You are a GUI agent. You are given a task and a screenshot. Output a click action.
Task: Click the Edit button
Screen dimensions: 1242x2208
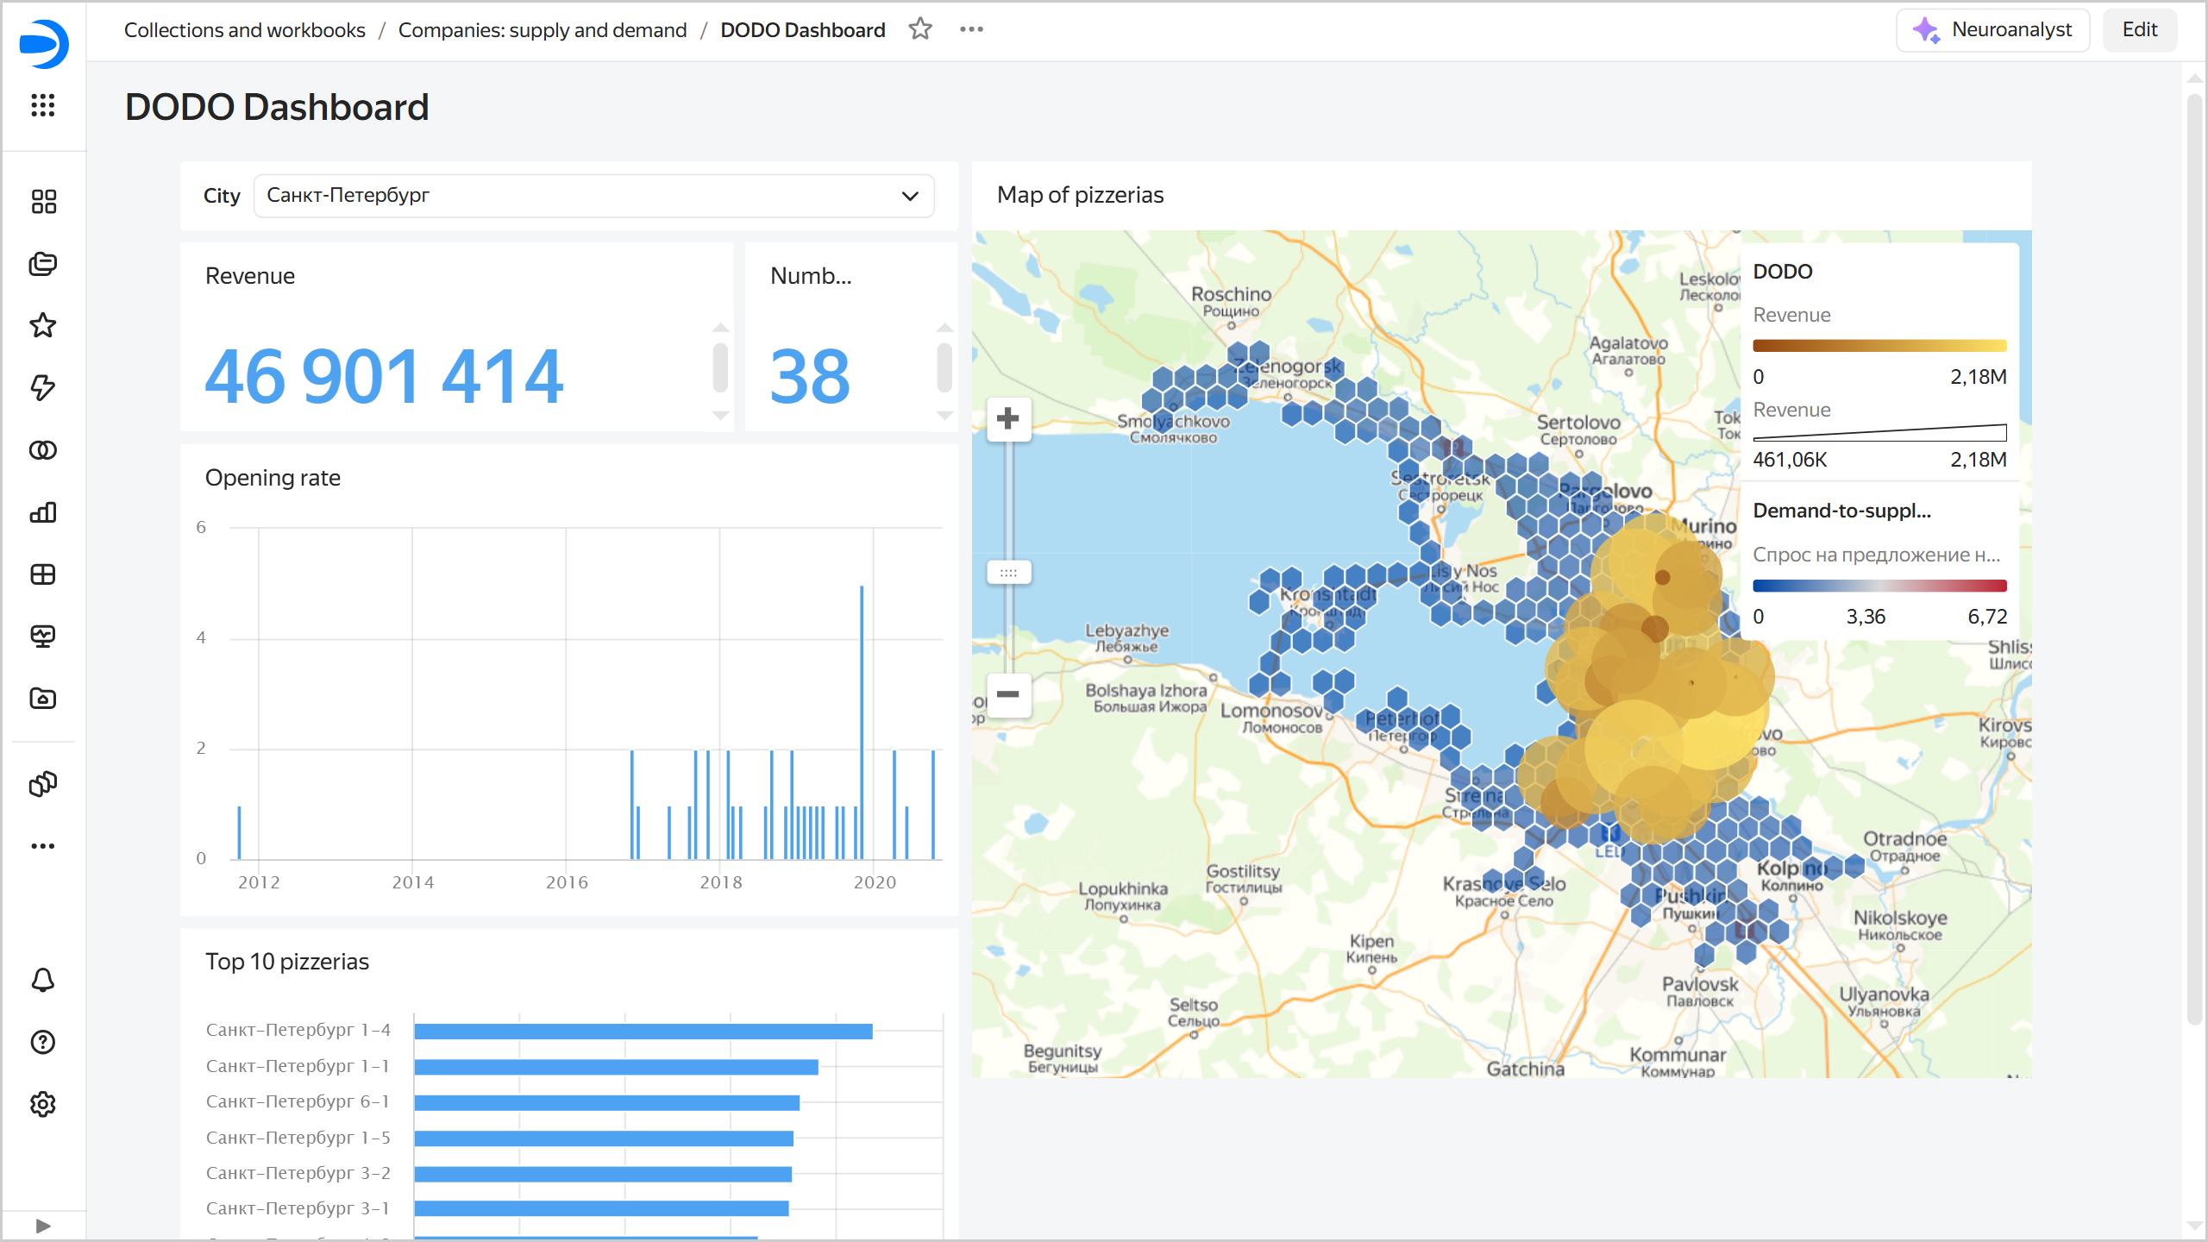pyautogui.click(x=2139, y=30)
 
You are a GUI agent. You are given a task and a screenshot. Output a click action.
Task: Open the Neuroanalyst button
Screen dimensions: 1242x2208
pyautogui.click(x=1992, y=30)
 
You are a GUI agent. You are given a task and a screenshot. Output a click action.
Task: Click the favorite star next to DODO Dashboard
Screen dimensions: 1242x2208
pyautogui.click(x=920, y=29)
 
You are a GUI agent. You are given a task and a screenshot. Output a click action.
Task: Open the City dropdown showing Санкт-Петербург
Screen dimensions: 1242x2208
pyautogui.click(x=593, y=196)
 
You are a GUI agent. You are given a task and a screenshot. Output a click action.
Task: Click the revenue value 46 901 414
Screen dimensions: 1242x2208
pyautogui.click(x=384, y=377)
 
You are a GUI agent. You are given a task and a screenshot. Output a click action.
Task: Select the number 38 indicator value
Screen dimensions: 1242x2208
pyautogui.click(x=810, y=377)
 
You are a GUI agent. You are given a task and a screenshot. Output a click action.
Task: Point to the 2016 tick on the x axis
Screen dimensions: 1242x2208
pyautogui.click(x=567, y=882)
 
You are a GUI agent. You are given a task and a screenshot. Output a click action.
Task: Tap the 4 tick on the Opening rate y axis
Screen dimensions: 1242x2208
pyautogui.click(x=201, y=638)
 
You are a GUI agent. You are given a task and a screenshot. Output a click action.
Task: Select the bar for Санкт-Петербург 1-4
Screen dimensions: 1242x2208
pyautogui.click(x=643, y=1032)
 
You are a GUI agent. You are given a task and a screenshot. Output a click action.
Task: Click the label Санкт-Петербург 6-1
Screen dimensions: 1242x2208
pyautogui.click(x=298, y=1101)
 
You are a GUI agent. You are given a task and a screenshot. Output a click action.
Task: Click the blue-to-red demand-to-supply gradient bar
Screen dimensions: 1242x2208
pyautogui.click(x=1879, y=586)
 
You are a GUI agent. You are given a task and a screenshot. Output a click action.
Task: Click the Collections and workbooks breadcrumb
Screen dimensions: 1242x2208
pyautogui.click(x=244, y=30)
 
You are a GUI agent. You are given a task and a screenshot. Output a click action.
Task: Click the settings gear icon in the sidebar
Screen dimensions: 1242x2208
pyautogui.click(x=43, y=1104)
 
